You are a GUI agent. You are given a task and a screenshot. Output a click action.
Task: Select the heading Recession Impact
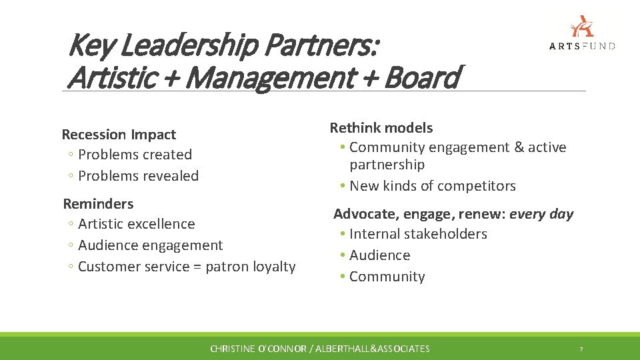tap(119, 135)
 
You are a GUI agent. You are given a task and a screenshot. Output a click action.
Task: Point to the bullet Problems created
tap(135, 155)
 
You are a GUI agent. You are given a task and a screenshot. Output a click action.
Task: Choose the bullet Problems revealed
tap(138, 176)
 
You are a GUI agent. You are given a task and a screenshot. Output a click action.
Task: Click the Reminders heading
tap(98, 204)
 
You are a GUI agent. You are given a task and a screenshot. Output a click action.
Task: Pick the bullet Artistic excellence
tap(136, 224)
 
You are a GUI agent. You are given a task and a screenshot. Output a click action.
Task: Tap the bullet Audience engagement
tap(150, 245)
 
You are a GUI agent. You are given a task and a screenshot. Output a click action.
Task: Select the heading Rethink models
tap(381, 128)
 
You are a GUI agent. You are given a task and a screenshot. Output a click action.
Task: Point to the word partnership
tap(387, 165)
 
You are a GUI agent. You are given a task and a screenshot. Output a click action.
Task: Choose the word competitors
tap(478, 186)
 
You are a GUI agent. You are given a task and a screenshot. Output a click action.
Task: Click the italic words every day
tap(541, 214)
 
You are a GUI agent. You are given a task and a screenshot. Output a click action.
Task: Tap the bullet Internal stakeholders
tap(418, 234)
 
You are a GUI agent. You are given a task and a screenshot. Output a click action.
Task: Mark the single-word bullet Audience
tap(379, 255)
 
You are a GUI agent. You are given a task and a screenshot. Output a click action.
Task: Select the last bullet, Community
tap(387, 277)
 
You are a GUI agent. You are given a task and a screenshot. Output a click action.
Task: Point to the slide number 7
tap(581, 349)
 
